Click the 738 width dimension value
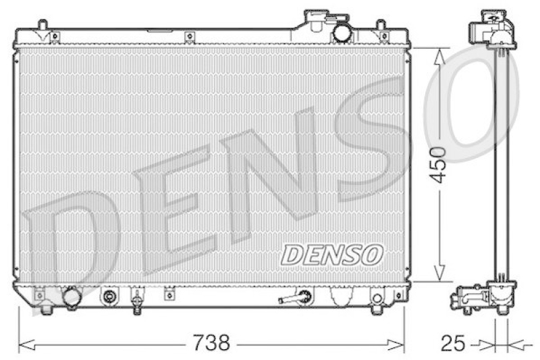(x=210, y=343)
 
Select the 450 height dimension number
(x=439, y=164)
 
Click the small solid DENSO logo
(x=331, y=255)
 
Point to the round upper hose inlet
(x=342, y=32)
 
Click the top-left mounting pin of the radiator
(x=42, y=26)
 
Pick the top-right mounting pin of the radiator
(x=382, y=26)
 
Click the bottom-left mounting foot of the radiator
(x=46, y=309)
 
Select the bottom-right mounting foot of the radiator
(x=376, y=309)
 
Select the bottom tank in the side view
(x=485, y=297)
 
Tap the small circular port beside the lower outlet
(x=109, y=296)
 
